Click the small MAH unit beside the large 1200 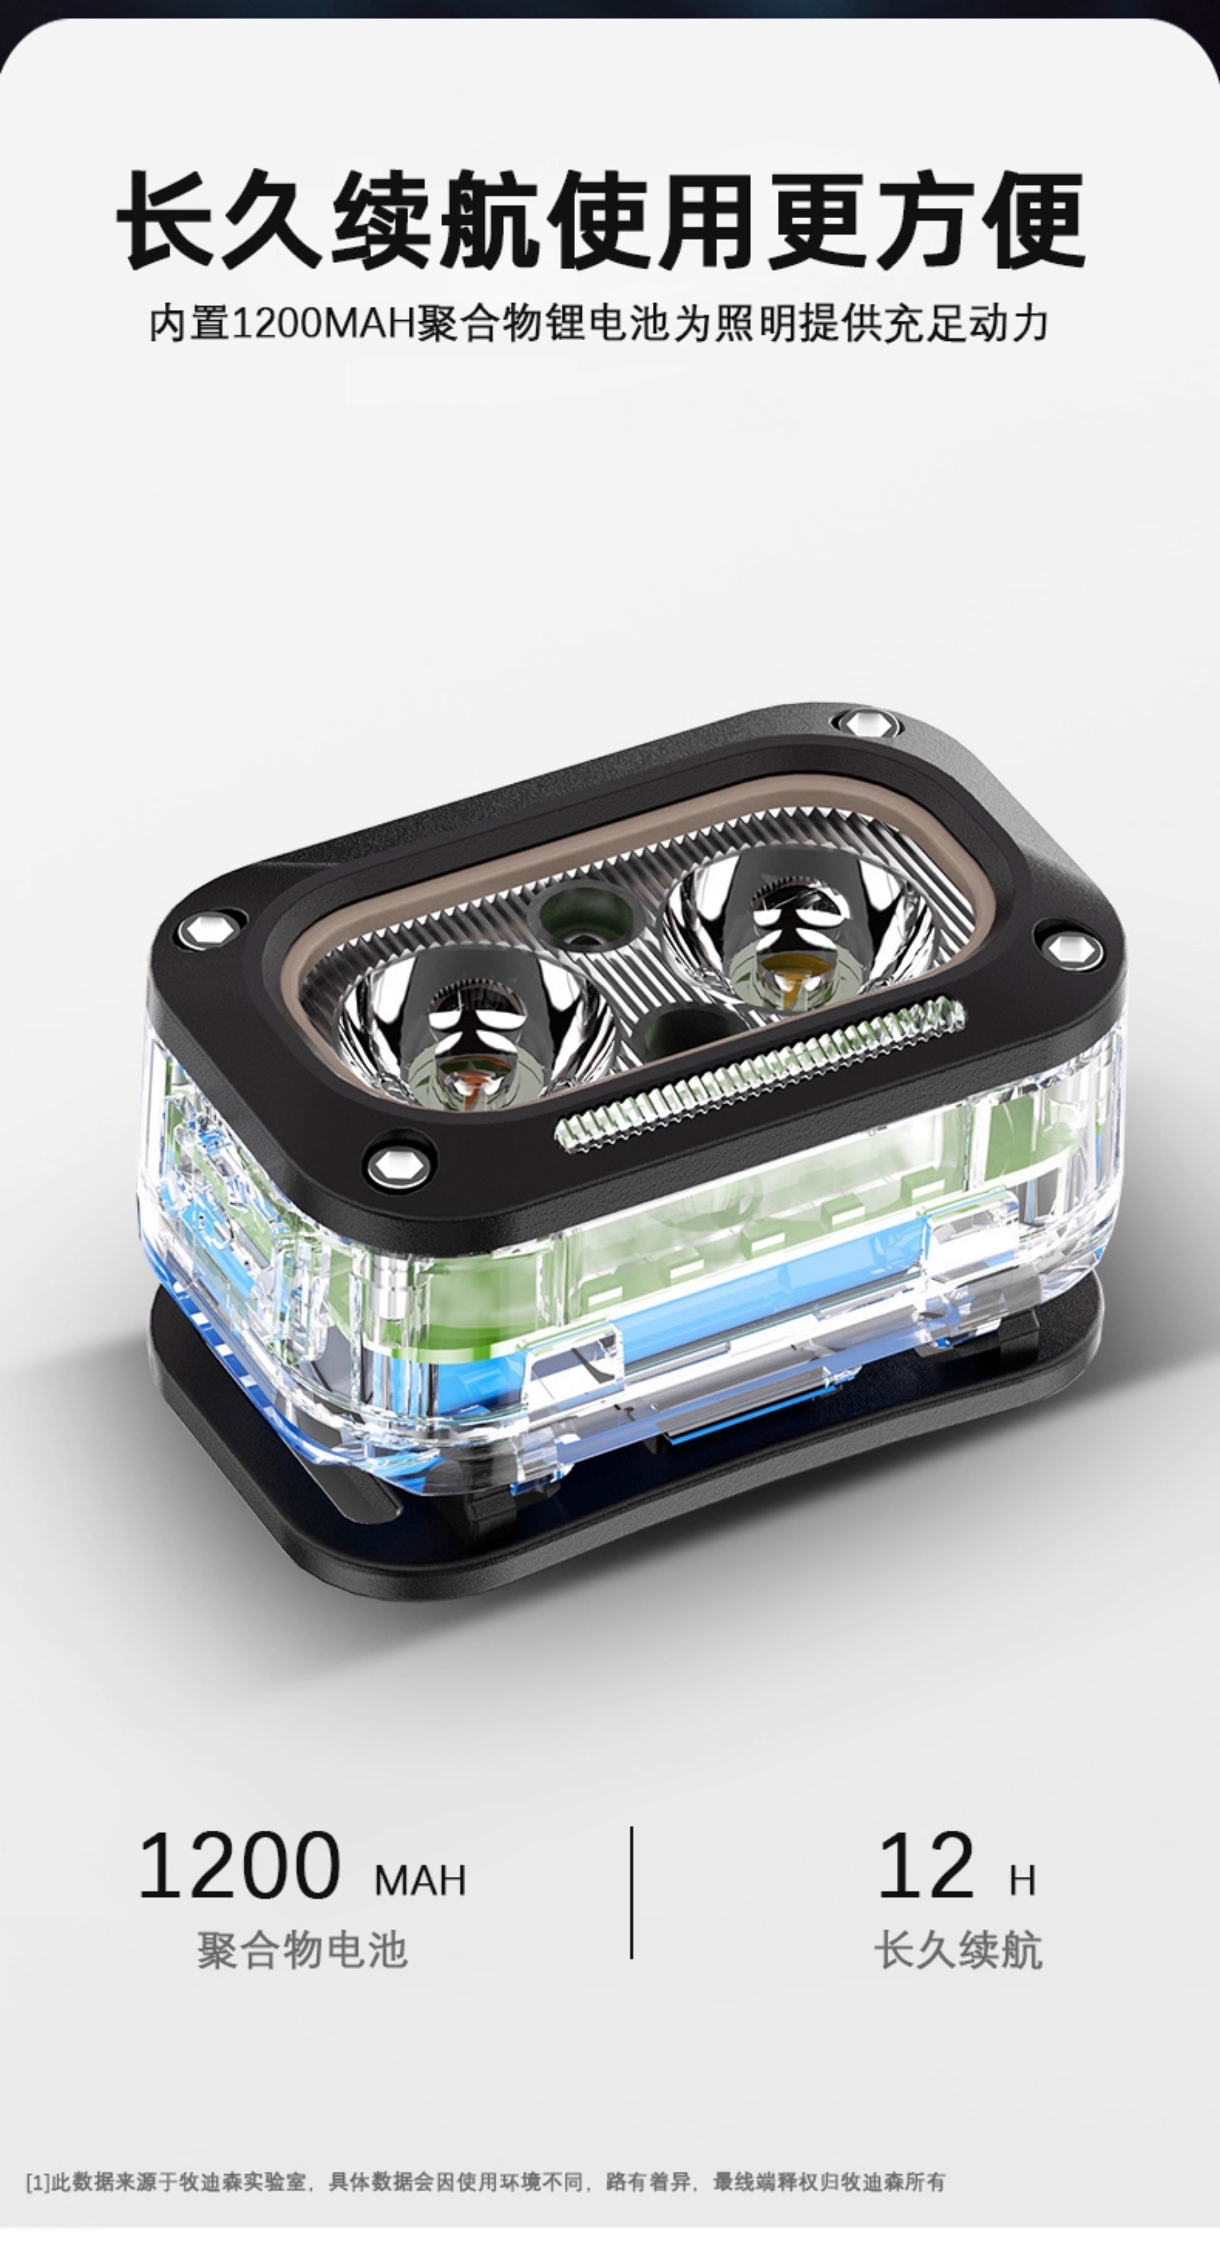420,1880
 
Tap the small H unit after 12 1022,1880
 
